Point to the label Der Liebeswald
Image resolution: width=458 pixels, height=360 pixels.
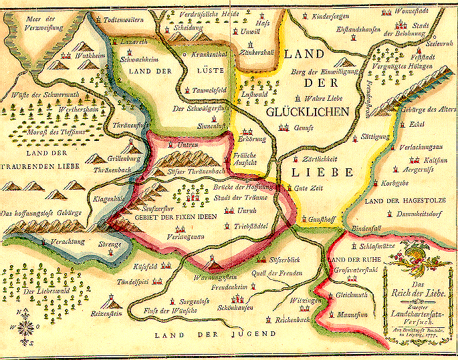(38, 291)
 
